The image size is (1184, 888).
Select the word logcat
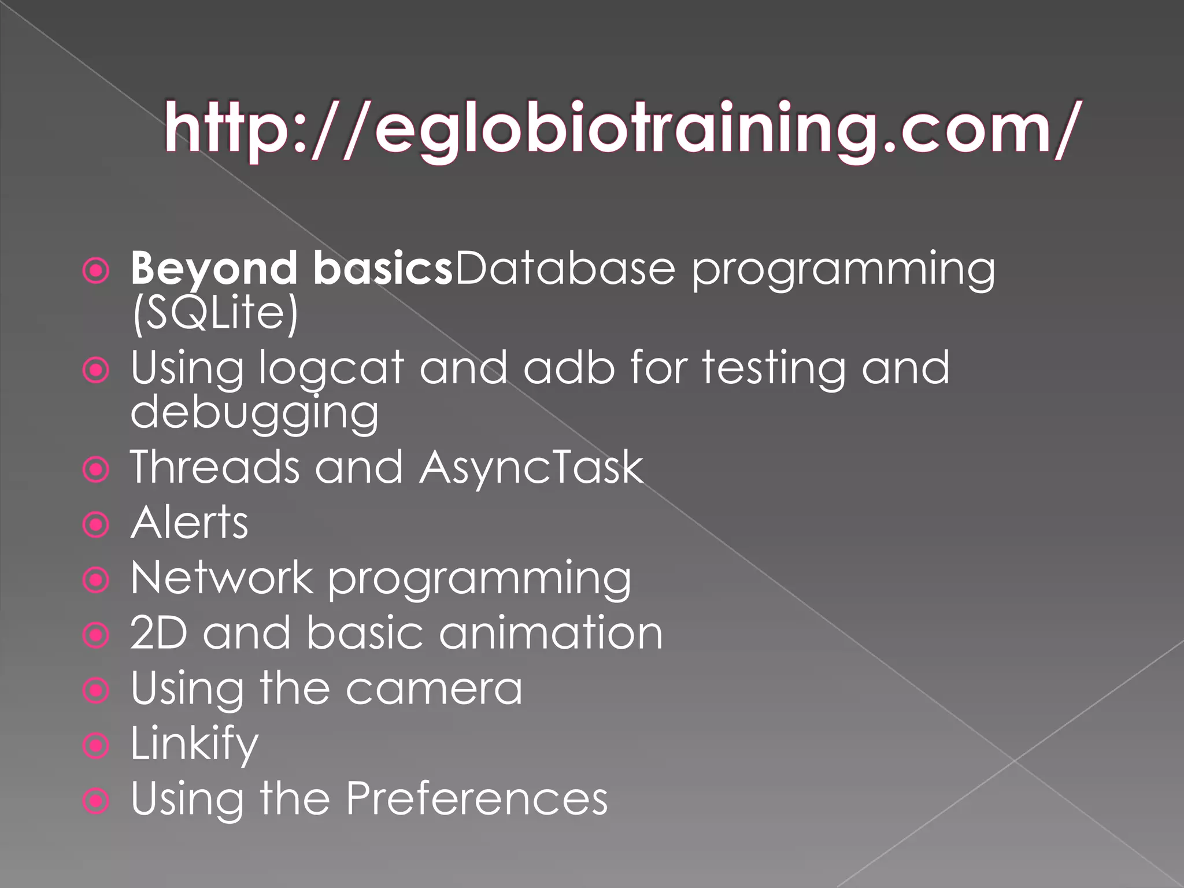(x=330, y=368)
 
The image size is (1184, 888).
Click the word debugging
(x=254, y=412)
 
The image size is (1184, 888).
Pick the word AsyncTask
(x=531, y=467)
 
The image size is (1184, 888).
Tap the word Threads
(x=214, y=467)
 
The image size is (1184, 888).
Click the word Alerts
(x=190, y=522)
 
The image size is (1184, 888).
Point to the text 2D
(x=159, y=632)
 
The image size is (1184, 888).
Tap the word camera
(x=434, y=688)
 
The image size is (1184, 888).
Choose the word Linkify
(x=194, y=744)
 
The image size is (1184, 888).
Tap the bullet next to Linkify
(x=96, y=746)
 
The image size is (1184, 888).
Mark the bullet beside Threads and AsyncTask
(x=96, y=469)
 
